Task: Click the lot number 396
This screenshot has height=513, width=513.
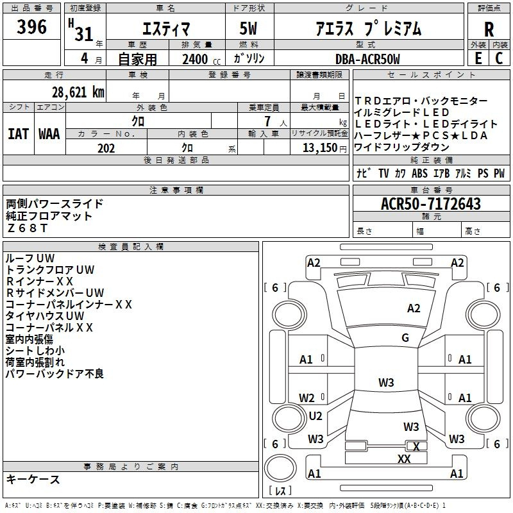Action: (x=31, y=27)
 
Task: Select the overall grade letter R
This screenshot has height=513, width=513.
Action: (x=489, y=29)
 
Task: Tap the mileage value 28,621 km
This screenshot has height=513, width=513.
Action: (x=78, y=92)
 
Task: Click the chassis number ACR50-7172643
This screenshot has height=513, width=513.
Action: (x=431, y=204)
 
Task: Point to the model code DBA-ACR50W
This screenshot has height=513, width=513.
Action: (x=367, y=59)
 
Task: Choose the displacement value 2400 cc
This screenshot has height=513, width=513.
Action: (x=201, y=59)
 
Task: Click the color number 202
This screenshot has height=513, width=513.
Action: (x=106, y=148)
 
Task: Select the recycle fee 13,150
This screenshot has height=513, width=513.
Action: (x=319, y=148)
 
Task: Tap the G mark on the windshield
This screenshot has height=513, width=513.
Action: (x=405, y=338)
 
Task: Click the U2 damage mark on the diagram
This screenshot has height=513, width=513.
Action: (x=315, y=416)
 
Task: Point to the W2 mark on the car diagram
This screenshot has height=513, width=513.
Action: (x=307, y=398)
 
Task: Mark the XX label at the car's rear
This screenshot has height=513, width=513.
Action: (x=404, y=459)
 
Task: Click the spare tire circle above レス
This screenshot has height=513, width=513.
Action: (x=280, y=469)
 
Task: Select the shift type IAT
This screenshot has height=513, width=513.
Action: (x=19, y=134)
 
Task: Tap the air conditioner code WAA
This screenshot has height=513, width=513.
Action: (x=49, y=134)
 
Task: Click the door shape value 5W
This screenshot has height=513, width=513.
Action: (x=248, y=28)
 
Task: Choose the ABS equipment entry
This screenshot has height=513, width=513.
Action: (x=419, y=173)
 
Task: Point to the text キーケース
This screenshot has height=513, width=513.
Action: (x=33, y=479)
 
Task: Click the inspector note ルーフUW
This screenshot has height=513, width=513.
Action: (x=29, y=258)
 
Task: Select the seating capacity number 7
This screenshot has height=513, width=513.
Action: (x=267, y=121)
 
